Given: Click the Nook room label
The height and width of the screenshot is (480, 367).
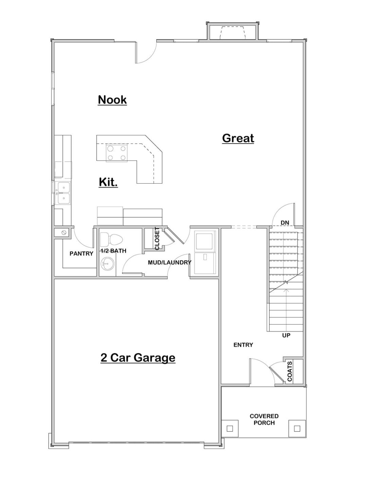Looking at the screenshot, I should [112, 100].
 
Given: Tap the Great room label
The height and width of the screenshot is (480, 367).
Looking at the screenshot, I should [238, 138].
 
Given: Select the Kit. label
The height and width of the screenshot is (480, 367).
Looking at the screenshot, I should [108, 182].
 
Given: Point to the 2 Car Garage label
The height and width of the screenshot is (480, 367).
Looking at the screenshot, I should [138, 357].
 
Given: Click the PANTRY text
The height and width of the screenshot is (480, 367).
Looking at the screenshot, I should [81, 254].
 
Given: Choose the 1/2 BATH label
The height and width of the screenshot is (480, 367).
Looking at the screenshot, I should [113, 251].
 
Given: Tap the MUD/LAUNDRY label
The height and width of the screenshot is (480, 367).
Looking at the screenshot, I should [170, 262].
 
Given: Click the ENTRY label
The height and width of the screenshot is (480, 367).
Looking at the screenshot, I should [243, 345].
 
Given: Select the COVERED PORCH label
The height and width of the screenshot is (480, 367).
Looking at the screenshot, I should [264, 419].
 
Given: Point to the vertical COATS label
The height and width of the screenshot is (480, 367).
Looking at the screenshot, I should [290, 371].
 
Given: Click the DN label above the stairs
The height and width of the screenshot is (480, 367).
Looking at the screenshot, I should [285, 223].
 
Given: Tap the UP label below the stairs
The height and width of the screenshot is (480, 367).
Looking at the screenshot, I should [286, 335].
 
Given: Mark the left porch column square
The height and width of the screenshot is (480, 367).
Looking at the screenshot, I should [230, 428].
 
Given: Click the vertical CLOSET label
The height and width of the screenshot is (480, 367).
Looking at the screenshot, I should [157, 239].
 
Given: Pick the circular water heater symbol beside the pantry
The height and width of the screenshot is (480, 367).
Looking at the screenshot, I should [63, 233].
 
